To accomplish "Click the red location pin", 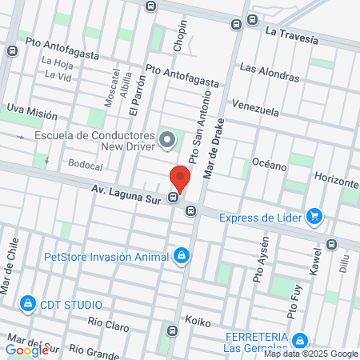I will pyautogui.click(x=180, y=178).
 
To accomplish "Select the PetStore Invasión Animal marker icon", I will pyautogui.click(x=182, y=256).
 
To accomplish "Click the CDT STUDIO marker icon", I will pyautogui.click(x=28, y=303).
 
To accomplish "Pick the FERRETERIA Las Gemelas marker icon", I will pyautogui.click(x=299, y=340).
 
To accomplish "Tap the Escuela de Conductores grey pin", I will pyautogui.click(x=167, y=141).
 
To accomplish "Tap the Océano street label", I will pyautogui.click(x=269, y=166).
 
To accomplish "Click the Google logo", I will pyautogui.click(x=26, y=350).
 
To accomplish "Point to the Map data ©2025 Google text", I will pyautogui.click(x=311, y=354).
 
